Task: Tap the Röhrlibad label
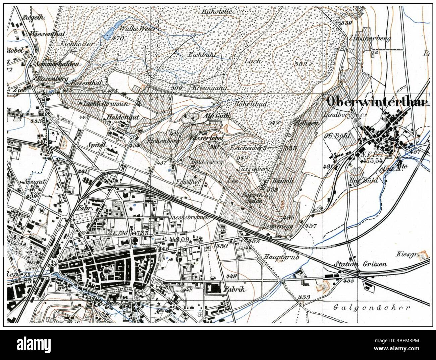point(251,104)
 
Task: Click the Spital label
point(96,145)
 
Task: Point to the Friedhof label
point(186,182)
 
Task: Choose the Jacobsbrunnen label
point(189,217)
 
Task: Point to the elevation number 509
point(176,88)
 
